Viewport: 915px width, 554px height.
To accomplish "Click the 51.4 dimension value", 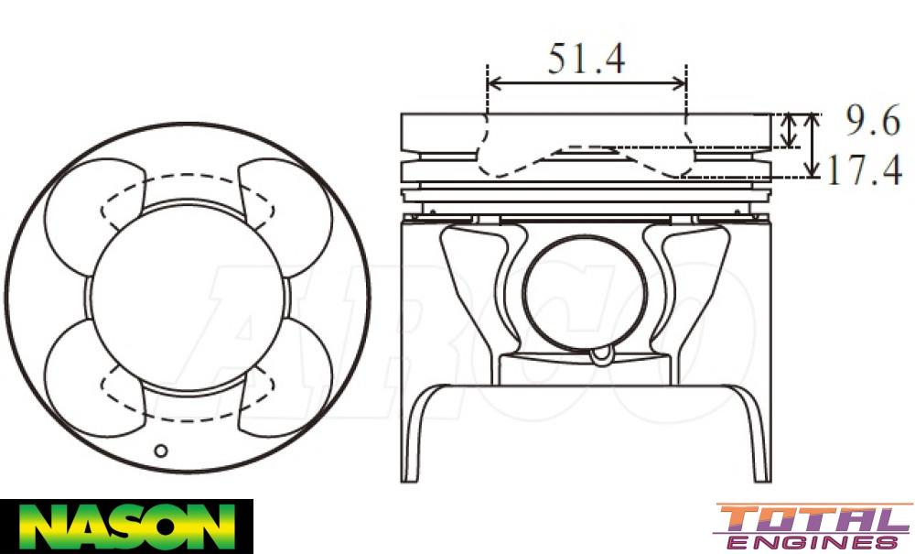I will pos(587,59).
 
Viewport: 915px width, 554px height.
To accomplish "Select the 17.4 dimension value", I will pos(864,170).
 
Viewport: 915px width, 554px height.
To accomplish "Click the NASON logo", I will pos(126,527).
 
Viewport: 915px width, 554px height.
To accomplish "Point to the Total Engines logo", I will pos(813,527).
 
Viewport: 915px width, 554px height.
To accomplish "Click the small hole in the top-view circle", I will pos(161,450).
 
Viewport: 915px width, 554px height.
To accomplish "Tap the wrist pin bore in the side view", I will pos(585,293).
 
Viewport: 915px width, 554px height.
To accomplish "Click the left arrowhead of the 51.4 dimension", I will pos(493,83).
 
